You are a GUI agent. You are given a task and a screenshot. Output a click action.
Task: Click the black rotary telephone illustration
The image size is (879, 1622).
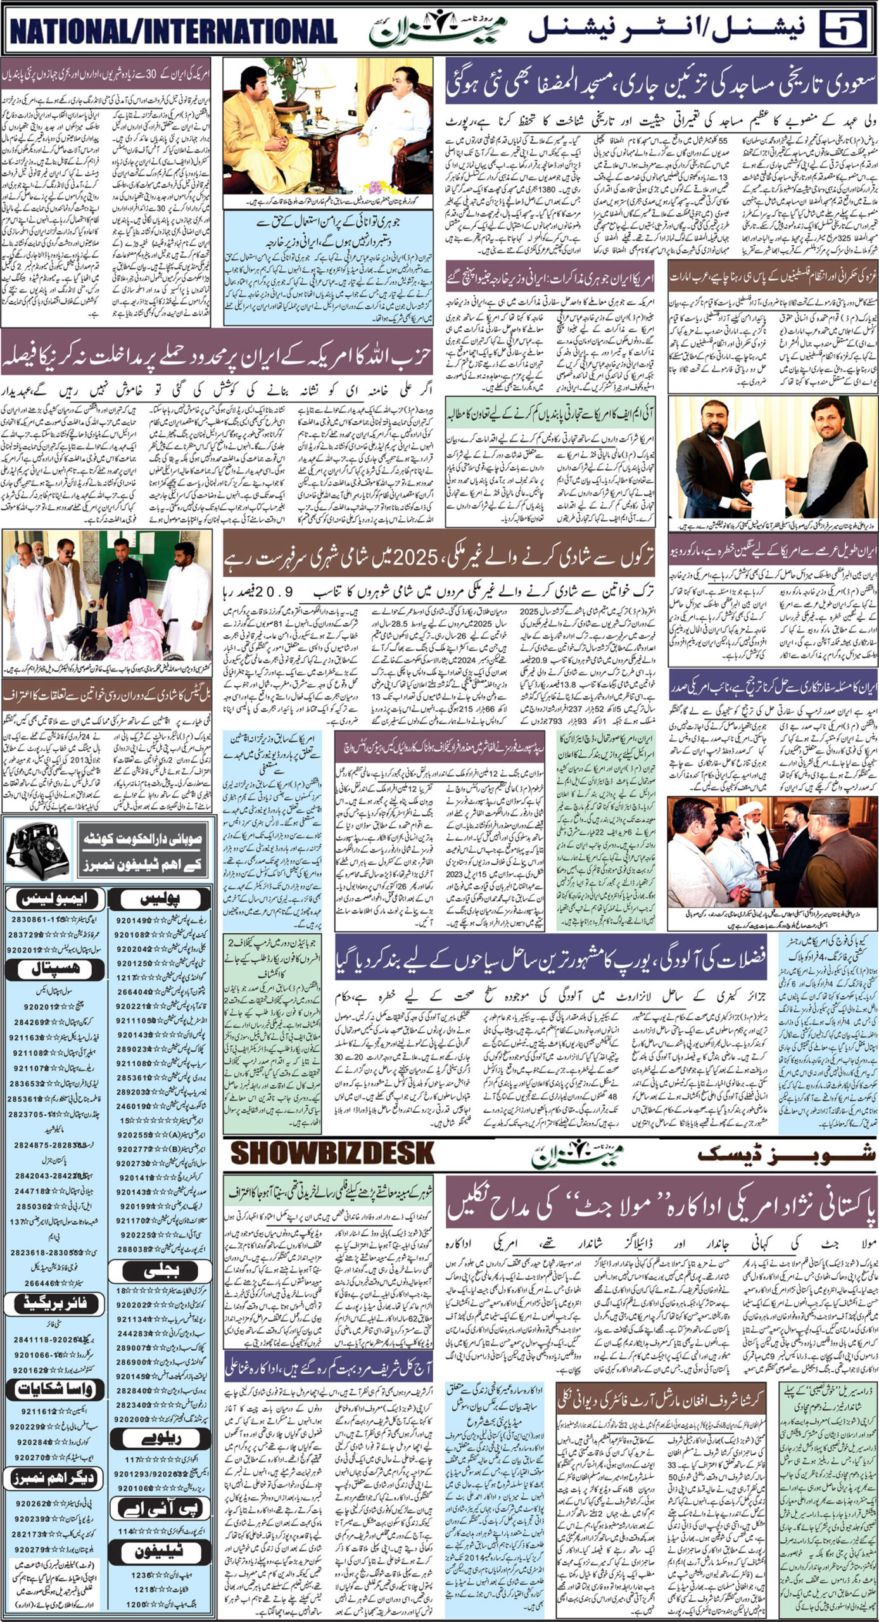point(38,850)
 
